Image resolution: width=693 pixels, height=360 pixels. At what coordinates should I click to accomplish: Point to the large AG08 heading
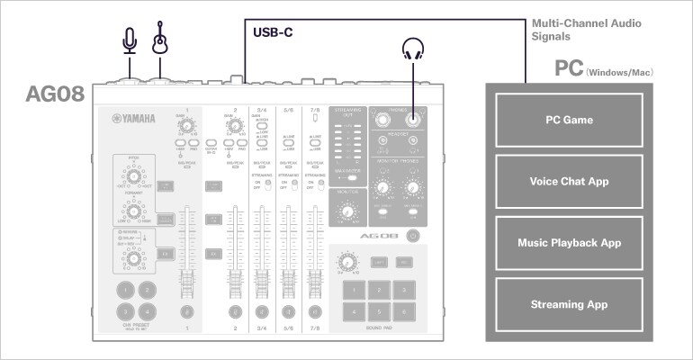[55, 94]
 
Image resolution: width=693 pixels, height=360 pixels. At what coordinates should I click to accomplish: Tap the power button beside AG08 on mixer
[412, 236]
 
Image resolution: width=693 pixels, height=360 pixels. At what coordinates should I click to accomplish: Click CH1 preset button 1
[125, 289]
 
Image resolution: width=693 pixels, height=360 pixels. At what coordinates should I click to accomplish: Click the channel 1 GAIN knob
[187, 127]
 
